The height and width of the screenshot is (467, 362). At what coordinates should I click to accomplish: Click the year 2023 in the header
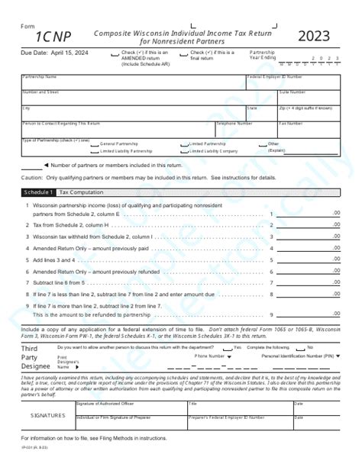point(314,36)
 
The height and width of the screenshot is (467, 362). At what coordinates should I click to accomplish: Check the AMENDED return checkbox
point(117,53)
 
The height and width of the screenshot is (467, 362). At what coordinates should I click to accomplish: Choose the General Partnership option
point(95,143)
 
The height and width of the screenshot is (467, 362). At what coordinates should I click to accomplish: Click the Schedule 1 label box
point(37,192)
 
